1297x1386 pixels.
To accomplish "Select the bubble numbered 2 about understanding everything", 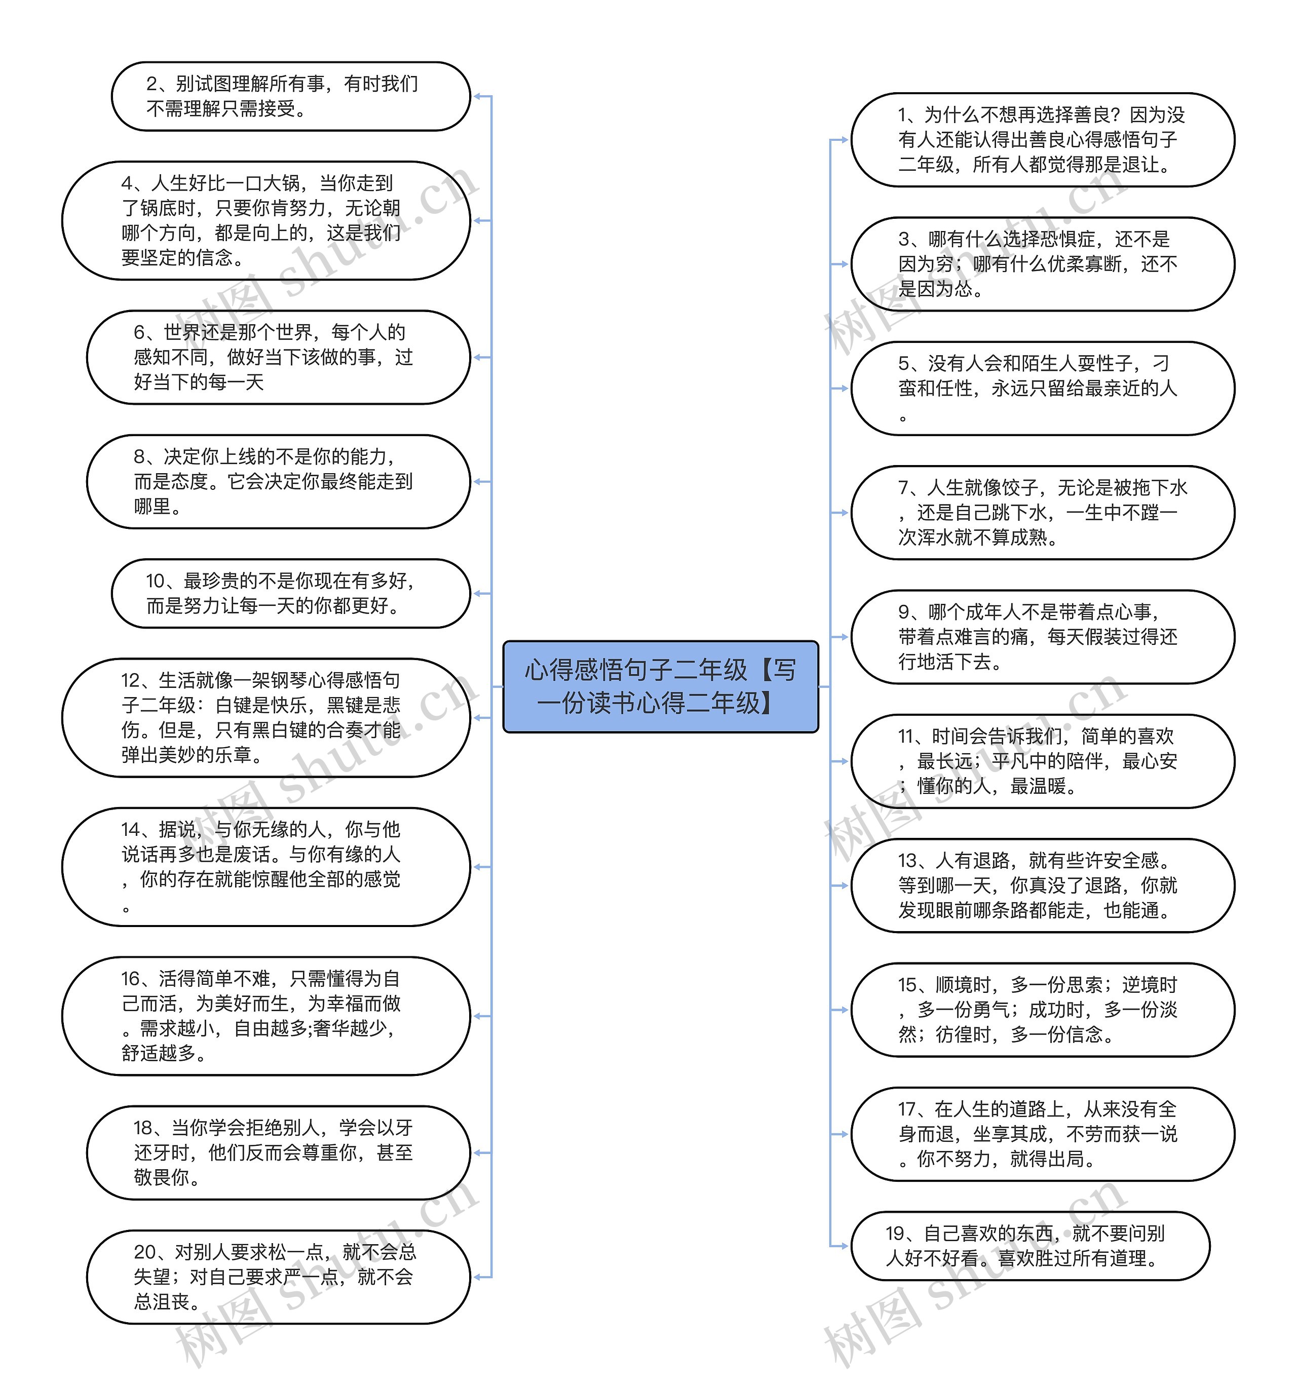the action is point(291,96).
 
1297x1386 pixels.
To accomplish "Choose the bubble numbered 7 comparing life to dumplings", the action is point(1043,513).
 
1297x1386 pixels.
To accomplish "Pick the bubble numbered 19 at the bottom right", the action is point(1030,1246).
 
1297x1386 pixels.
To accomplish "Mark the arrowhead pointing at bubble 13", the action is point(845,885).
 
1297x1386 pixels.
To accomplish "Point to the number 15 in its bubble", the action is point(907,985).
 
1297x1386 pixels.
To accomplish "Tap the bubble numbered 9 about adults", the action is point(1043,637).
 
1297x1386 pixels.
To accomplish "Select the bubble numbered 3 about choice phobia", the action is point(1043,264).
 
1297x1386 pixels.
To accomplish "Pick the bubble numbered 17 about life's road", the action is point(1043,1134).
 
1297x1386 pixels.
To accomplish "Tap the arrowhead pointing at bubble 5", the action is point(845,389).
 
